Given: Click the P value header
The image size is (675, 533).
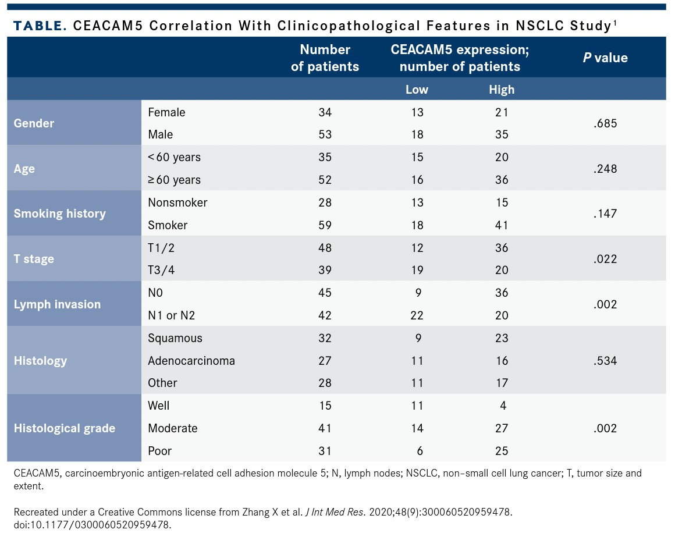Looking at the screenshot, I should click(605, 58).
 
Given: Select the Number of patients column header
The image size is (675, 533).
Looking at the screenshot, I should click(325, 58).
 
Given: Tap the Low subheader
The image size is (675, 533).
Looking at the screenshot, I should click(417, 89).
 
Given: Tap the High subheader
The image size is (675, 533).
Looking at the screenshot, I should click(502, 89).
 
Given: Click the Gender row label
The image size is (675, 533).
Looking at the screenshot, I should click(34, 123).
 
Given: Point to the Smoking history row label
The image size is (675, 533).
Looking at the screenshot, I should click(60, 214).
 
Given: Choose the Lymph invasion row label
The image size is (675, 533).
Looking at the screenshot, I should click(57, 304).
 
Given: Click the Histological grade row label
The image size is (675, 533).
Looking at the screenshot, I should click(65, 428).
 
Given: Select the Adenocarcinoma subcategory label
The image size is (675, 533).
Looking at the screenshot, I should click(191, 361).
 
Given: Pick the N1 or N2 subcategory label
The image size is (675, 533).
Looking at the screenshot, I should click(172, 315).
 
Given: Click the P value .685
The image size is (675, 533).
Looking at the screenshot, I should click(605, 123).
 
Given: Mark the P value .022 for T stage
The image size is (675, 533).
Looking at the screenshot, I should click(605, 259).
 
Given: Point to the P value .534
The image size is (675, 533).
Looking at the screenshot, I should click(605, 361).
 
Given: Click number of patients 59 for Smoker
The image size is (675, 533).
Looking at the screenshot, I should click(325, 225).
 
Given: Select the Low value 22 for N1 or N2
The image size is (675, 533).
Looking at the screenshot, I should click(417, 315).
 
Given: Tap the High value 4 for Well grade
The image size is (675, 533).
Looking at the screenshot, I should click(503, 406).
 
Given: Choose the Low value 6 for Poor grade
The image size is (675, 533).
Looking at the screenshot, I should click(419, 451).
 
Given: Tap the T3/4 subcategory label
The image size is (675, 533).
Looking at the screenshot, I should click(161, 271).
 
